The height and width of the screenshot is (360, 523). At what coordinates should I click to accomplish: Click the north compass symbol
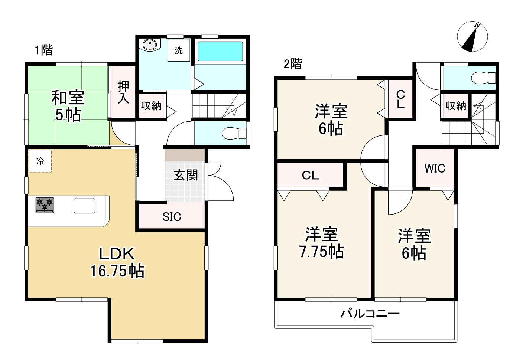[472, 37]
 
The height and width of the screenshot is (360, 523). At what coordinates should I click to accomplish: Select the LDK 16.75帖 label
[117, 263]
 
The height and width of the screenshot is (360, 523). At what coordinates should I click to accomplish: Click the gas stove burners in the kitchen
[45, 205]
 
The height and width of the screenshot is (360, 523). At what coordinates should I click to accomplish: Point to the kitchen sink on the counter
[84, 206]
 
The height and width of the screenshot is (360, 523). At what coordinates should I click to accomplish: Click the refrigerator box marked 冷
[40, 161]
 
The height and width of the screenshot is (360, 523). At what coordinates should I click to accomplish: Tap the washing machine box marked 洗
[179, 50]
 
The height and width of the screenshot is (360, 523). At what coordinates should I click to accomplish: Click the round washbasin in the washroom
[150, 45]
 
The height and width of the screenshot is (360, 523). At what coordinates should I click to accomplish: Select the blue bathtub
[220, 51]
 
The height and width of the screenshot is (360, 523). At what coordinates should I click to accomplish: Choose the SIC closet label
[172, 217]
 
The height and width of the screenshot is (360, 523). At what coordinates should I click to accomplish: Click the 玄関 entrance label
[186, 175]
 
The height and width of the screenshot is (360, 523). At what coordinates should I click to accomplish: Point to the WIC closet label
[435, 168]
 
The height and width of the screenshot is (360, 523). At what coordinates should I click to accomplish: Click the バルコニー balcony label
[370, 314]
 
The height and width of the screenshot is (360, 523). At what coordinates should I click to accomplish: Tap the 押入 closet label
[123, 92]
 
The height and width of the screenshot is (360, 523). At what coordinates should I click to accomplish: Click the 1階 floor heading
[44, 50]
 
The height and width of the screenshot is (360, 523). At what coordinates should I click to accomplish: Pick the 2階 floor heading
[293, 64]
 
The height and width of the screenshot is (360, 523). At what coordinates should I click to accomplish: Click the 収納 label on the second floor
[455, 106]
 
